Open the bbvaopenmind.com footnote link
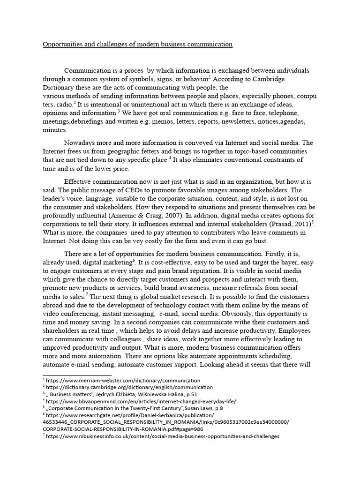141,401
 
